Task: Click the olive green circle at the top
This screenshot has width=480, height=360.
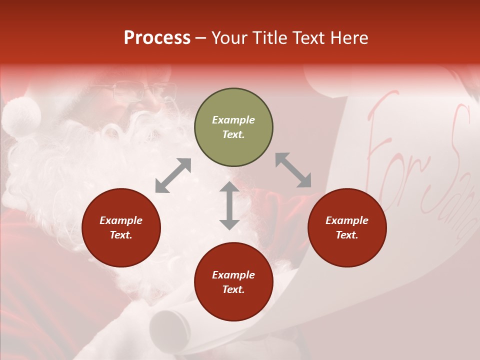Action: (233, 127)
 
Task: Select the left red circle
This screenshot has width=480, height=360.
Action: (121, 227)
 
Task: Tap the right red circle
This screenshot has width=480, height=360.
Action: (347, 227)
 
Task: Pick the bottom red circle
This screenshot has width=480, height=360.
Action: (233, 282)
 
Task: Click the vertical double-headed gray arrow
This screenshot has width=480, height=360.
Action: (229, 205)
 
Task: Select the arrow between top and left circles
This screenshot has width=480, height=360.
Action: (173, 175)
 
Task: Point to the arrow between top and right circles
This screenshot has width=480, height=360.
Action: (293, 170)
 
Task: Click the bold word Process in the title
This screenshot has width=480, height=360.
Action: (157, 37)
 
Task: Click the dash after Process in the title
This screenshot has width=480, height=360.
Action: (200, 38)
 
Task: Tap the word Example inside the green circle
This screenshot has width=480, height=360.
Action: (233, 120)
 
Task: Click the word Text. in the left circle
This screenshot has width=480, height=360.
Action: (121, 235)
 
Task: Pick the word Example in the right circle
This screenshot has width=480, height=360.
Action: (347, 220)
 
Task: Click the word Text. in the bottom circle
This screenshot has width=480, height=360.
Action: (233, 289)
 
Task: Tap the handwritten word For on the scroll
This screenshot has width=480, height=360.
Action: (390, 145)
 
